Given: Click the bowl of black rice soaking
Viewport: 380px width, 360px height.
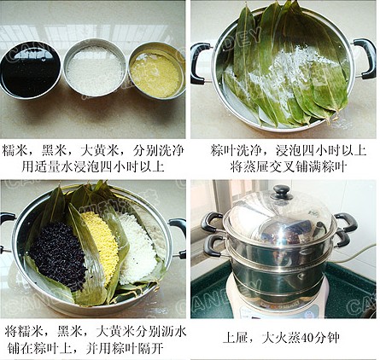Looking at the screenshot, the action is pos(31,71).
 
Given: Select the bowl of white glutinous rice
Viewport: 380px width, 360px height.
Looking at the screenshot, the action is pos(95,69).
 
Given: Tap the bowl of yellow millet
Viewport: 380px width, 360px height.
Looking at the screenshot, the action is pos(156,71).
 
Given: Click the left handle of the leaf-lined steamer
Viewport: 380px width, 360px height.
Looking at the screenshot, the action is pos(201,63).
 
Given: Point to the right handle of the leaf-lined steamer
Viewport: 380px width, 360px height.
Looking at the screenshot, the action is pos(365,59).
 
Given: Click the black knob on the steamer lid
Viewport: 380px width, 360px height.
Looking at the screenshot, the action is pos(281,191).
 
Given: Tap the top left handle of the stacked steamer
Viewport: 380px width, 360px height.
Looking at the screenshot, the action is pos(212,222).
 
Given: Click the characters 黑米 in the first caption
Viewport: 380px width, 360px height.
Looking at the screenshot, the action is pos(54,150).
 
